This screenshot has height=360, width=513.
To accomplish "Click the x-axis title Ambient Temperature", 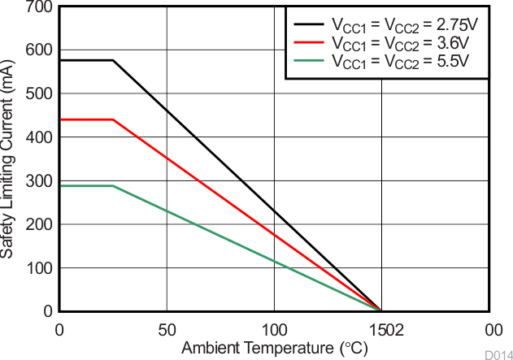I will pos(274,349).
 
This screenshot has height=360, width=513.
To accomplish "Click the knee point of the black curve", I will pos(112,60).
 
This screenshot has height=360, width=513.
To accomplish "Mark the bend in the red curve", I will pos(112,119).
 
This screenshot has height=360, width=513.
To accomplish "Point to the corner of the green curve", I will pos(112,186).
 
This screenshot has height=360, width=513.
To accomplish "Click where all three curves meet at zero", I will pos(380,310).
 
